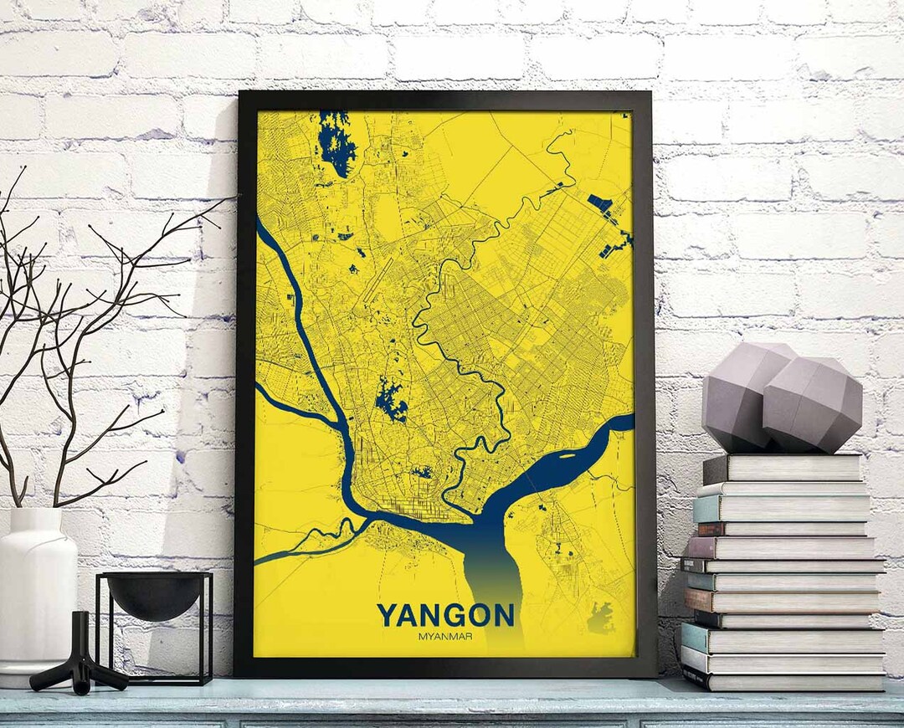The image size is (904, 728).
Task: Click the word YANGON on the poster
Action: pos(445,616)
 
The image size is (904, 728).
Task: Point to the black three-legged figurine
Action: pos(80,657)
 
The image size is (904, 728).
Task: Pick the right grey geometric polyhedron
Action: pos(812,406)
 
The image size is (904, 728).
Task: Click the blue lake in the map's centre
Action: pos(390,400)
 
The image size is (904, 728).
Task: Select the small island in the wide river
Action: pos(564,456)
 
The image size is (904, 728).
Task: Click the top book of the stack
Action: pos(783,468)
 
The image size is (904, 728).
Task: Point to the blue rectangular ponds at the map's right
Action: pos(601,203)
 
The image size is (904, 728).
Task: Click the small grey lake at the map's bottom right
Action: pos(599,619)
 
